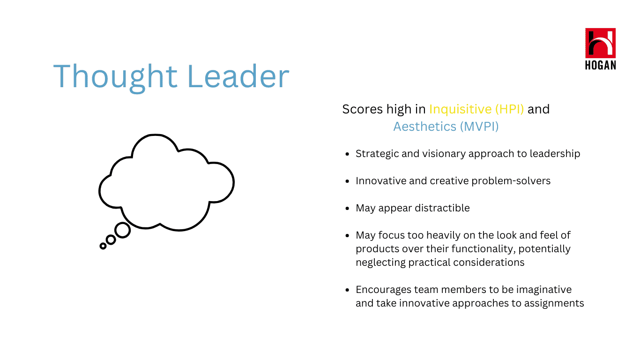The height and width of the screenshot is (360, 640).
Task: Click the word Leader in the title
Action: (238, 76)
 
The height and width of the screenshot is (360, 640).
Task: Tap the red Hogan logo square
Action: (600, 43)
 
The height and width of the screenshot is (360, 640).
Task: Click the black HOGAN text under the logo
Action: (600, 65)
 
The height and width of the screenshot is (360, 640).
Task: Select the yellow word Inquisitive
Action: (460, 109)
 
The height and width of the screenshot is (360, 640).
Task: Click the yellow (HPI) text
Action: (509, 109)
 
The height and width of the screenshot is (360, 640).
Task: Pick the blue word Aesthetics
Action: (425, 127)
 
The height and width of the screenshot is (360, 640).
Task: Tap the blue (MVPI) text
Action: (479, 127)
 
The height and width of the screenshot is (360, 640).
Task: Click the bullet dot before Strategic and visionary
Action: (347, 154)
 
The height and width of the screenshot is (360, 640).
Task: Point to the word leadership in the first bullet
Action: (555, 154)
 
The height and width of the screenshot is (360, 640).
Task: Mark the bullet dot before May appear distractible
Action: (347, 209)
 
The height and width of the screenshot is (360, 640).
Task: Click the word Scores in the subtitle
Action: (363, 109)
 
